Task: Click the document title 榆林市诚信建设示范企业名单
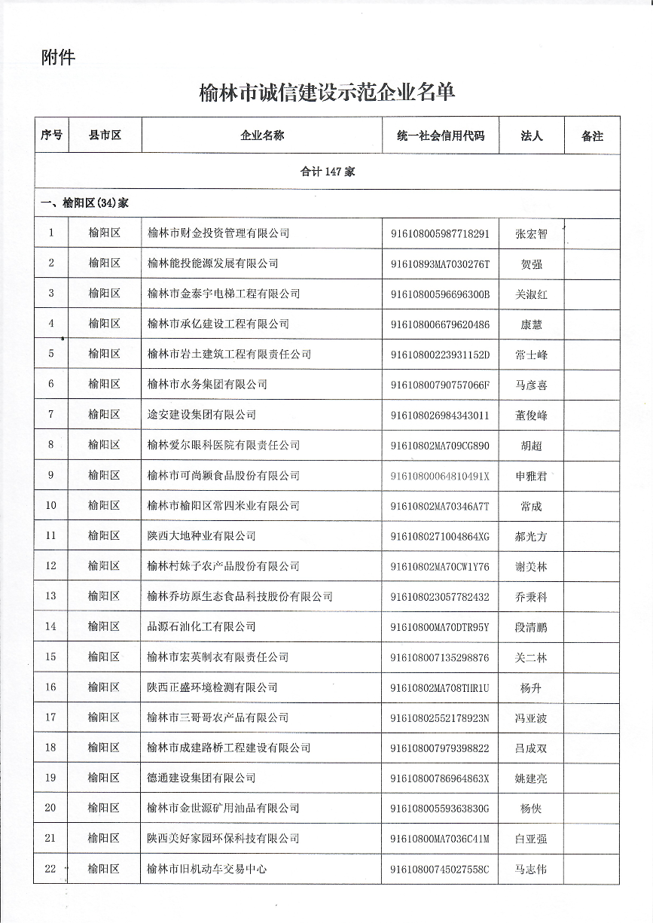point(327,93)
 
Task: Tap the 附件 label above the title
point(58,57)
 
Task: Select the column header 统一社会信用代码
point(441,136)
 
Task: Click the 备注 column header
point(592,136)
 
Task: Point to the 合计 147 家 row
point(327,172)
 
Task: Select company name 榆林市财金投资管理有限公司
point(218,233)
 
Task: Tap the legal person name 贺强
point(531,264)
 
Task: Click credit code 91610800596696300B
point(440,294)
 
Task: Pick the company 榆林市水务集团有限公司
point(207,384)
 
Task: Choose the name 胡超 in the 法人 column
point(531,446)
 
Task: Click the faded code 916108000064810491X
point(440,476)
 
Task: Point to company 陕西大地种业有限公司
point(201,536)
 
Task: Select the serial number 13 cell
point(51,596)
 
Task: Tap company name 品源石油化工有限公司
point(201,626)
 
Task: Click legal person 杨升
point(531,688)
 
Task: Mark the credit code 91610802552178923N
point(440,717)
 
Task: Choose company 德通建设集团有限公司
point(201,778)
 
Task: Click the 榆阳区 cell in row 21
point(104,838)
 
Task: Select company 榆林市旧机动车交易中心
point(207,869)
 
